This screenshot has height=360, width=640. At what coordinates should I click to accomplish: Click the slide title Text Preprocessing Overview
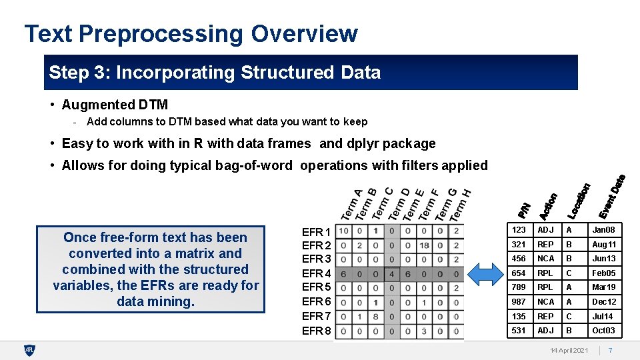click(191, 33)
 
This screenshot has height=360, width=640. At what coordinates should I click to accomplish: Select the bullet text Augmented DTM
click(115, 105)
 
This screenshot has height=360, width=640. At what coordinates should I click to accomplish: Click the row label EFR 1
click(316, 232)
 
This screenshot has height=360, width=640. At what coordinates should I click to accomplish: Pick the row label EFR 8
click(316, 331)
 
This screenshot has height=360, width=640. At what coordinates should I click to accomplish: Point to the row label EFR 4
click(316, 273)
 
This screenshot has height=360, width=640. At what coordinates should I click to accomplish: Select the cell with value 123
click(519, 230)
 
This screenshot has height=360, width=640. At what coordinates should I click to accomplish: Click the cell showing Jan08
click(604, 230)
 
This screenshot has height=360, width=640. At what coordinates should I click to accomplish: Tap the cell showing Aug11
click(604, 245)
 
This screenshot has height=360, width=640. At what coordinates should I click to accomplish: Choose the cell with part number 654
click(519, 273)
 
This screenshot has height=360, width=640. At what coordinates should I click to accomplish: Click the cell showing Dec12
click(604, 302)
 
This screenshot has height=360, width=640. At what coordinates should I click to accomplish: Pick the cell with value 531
click(519, 331)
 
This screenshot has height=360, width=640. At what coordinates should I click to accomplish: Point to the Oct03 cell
click(604, 331)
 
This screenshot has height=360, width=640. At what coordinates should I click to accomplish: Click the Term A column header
click(351, 205)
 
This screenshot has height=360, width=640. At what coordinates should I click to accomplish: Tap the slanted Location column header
click(579, 201)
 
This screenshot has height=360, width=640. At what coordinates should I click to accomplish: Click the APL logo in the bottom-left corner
click(29, 350)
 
